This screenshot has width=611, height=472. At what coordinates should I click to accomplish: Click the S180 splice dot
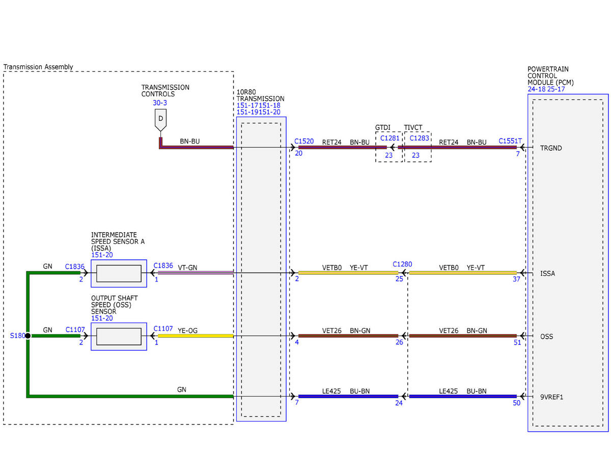point(28,336)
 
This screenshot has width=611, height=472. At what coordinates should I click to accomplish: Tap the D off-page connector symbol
point(160,120)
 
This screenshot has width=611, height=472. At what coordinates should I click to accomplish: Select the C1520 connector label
point(304,141)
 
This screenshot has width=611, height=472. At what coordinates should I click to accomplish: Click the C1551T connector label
point(510,141)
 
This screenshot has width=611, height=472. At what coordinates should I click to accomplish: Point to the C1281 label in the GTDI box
point(390,138)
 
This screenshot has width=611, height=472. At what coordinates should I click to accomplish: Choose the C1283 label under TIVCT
point(419,138)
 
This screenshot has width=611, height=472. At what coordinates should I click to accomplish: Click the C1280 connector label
point(402,264)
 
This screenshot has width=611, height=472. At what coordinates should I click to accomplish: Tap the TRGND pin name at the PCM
point(551,148)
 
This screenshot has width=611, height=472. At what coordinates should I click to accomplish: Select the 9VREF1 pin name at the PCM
point(551,397)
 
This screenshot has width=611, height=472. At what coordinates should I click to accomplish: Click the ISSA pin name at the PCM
point(547,273)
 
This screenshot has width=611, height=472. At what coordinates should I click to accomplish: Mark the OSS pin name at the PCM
point(547,337)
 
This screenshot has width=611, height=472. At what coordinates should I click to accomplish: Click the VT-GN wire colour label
point(187,268)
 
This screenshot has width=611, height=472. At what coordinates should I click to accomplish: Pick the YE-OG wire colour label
point(187,330)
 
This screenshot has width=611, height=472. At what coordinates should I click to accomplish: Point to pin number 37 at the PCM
point(516,279)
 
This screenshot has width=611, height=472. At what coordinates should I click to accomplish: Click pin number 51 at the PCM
point(517,342)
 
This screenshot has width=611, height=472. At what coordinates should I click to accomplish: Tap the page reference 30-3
point(160,103)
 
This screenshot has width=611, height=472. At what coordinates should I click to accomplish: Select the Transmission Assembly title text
point(38,67)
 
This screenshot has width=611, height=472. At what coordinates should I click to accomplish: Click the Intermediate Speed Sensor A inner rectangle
point(119,273)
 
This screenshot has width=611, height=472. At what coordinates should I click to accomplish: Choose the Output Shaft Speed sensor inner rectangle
point(119,337)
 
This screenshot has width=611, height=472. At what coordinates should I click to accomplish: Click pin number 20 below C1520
point(298,153)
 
